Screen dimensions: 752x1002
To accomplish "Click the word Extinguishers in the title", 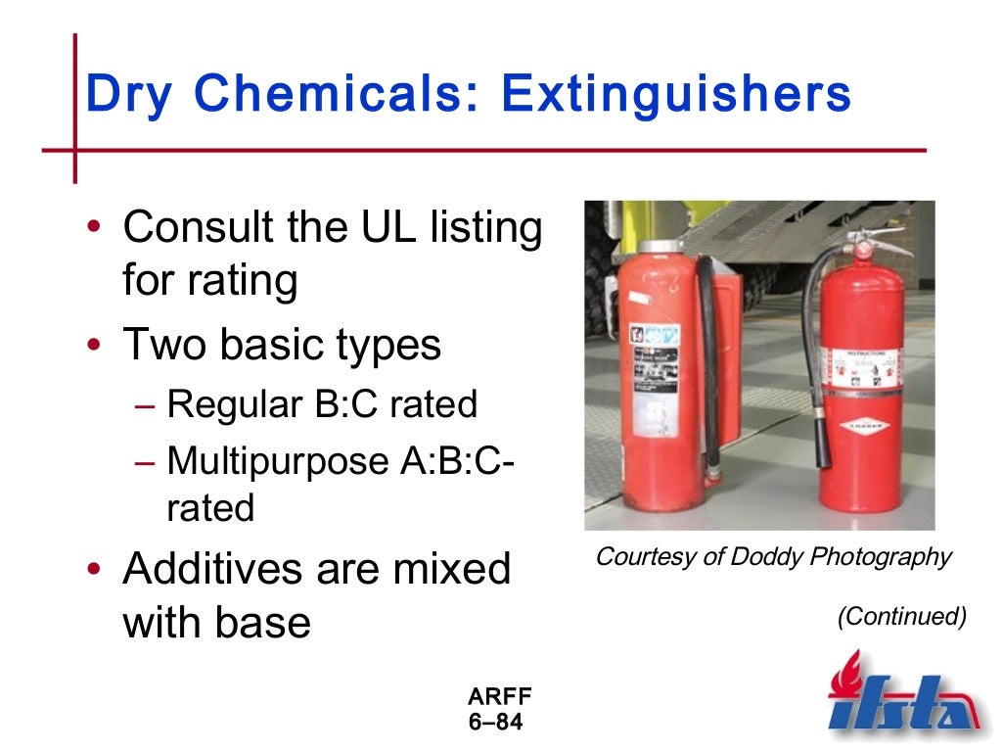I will [675, 94].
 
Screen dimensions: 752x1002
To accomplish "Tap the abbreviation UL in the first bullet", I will [383, 229].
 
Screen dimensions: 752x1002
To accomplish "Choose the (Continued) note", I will [901, 617].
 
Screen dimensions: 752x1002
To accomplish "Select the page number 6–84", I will [496, 723].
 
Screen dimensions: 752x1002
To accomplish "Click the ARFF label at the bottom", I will [499, 697].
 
